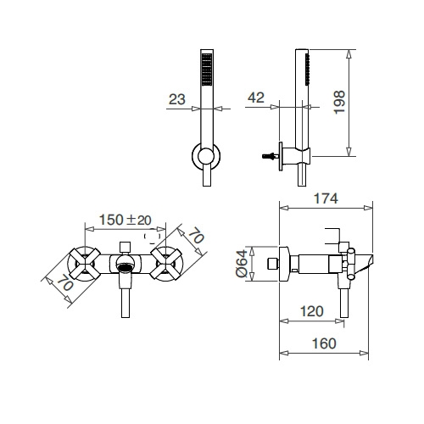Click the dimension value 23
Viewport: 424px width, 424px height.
177,99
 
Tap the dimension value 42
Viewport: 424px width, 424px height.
256,98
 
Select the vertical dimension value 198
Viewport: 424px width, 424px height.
339,102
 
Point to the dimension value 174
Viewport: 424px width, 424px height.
326,198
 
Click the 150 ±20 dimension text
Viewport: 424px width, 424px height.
126,220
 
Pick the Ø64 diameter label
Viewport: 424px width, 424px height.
242,264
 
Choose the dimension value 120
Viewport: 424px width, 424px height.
311,311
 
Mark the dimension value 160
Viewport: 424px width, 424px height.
324,343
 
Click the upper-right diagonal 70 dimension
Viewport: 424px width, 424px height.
196,237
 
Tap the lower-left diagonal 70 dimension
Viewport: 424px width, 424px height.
65,282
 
